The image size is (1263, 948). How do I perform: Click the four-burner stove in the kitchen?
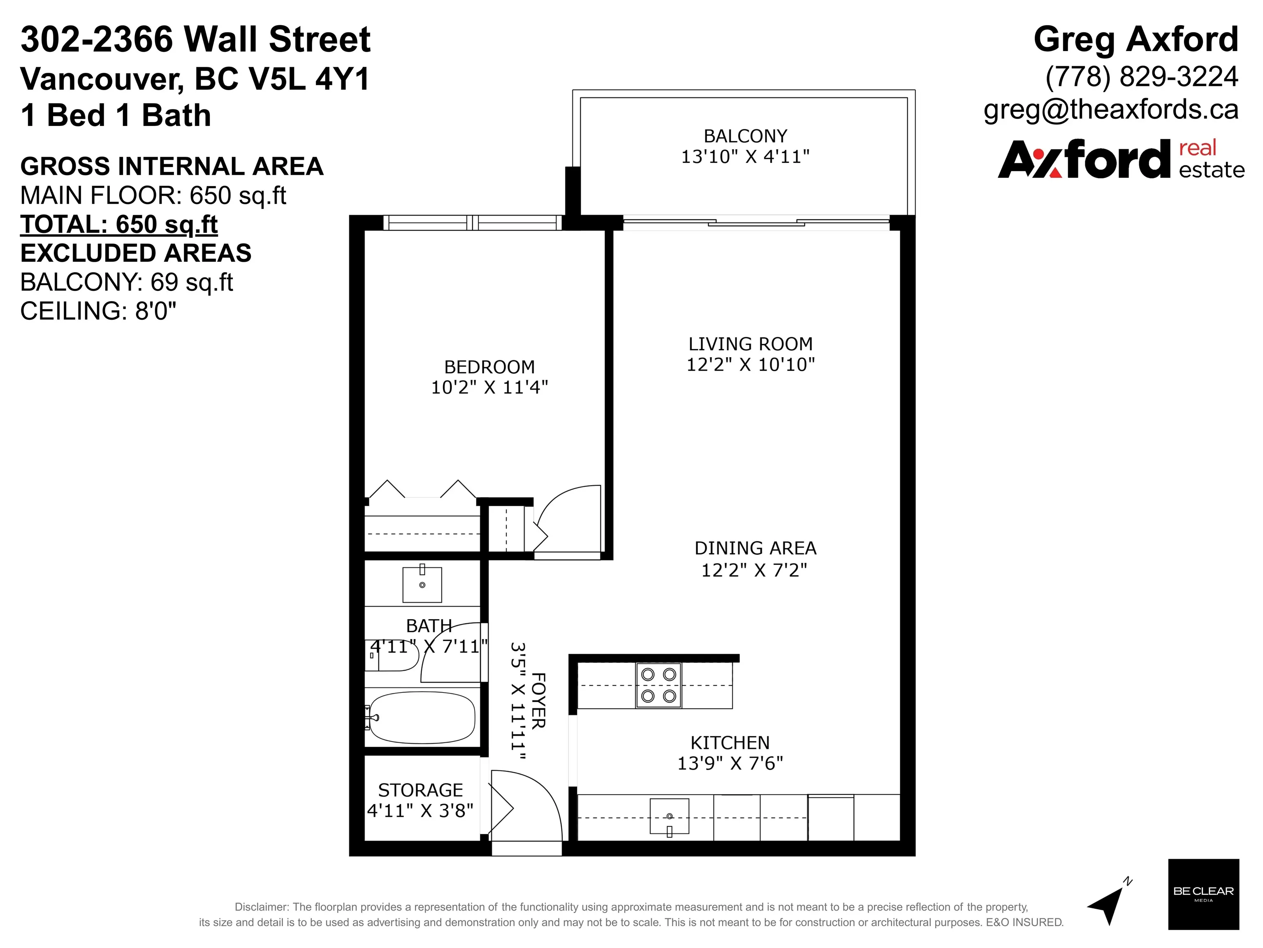point(658,685)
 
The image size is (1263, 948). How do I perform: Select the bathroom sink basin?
point(422,585)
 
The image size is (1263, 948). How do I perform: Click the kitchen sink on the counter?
point(669,817)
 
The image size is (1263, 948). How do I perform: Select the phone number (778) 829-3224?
point(1141,77)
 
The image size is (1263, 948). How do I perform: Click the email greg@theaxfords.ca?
point(1110,109)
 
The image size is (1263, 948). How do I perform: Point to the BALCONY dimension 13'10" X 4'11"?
point(745,156)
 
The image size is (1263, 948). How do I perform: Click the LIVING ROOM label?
point(750,344)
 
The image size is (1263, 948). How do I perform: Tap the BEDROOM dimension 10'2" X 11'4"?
point(489,387)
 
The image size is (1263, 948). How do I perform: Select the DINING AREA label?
point(755,548)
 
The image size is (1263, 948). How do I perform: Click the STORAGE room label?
point(420,790)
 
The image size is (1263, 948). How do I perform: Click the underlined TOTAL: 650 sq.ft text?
point(119,224)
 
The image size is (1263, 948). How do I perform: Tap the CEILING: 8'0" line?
point(98,311)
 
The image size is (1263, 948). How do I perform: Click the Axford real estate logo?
point(1120,159)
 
